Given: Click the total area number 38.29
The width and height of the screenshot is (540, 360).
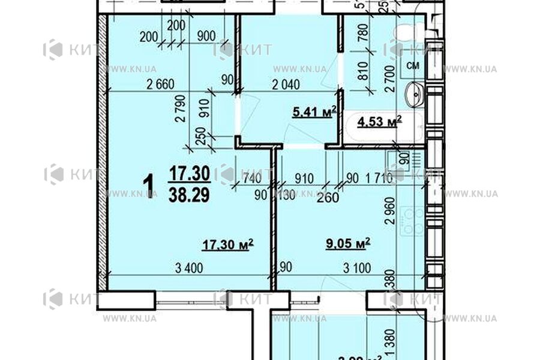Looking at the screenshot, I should coord(189,195).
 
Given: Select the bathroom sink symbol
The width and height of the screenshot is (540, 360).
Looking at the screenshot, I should coord(414,94).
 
